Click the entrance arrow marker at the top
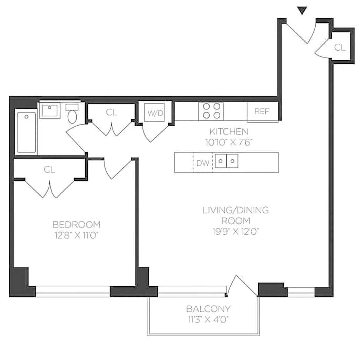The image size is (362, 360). pyautogui.click(x=302, y=10)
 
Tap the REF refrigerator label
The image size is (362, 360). pyautogui.click(x=262, y=111)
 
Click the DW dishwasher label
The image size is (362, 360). pyautogui.click(x=203, y=163)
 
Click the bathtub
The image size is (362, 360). pyautogui.click(x=26, y=132)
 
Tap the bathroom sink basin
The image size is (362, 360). pyautogui.click(x=50, y=110)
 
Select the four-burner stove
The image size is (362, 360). pyautogui.click(x=211, y=111)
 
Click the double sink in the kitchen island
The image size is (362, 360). pyautogui.click(x=227, y=161)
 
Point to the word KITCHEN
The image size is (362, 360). pyautogui.click(x=229, y=132)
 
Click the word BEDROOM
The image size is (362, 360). pyautogui.click(x=76, y=224)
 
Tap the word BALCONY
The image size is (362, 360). pyautogui.click(x=208, y=308)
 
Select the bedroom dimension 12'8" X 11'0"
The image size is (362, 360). pyautogui.click(x=76, y=235)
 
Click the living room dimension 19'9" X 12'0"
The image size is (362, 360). pyautogui.click(x=236, y=231)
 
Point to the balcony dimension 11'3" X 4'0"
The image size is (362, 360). pyautogui.click(x=208, y=320)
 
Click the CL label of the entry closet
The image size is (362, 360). pyautogui.click(x=340, y=47)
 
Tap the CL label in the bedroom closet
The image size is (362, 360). pyautogui.click(x=49, y=170)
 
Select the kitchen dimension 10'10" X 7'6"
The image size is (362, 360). pyautogui.click(x=229, y=142)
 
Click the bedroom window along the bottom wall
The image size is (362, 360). pyautogui.click(x=73, y=292)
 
